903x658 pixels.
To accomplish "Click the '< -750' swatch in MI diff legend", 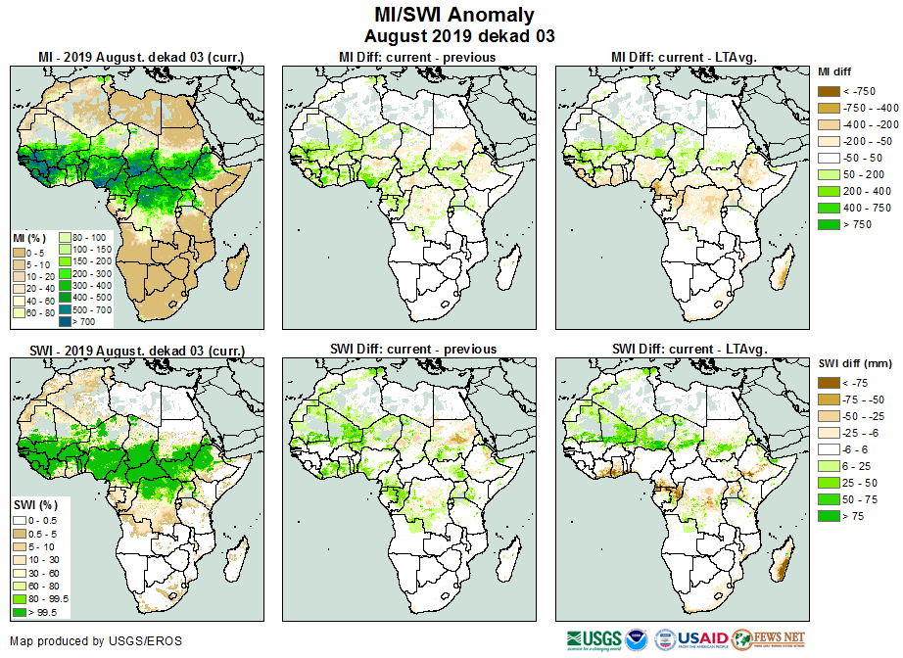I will coord(829,91).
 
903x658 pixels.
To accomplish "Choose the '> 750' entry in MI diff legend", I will coord(829,224).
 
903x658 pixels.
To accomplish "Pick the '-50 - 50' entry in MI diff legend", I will coord(829,158).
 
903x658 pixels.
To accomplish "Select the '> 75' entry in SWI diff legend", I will coord(829,516).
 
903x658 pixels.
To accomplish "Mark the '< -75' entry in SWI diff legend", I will coord(829,383).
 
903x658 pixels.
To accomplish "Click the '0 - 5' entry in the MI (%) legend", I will coord(19,254).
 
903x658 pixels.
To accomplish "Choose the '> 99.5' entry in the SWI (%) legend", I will coord(19,612).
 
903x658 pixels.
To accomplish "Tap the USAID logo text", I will coord(703,640).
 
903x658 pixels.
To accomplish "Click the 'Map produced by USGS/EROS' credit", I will coord(96,641).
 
